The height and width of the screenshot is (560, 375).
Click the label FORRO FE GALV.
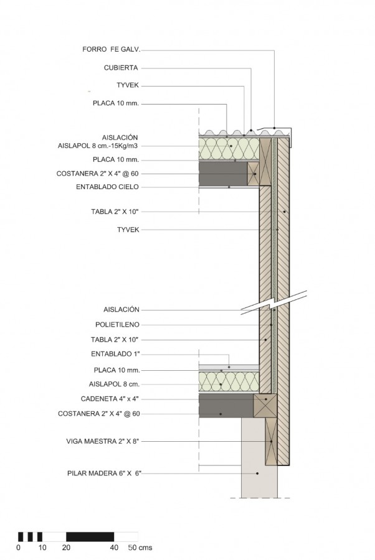[111, 49]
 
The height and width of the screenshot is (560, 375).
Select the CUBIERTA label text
[121, 67]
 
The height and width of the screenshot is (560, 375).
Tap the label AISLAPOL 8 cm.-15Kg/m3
[98, 146]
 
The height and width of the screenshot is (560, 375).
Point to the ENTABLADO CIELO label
[107, 187]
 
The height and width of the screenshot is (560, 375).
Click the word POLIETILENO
[117, 325]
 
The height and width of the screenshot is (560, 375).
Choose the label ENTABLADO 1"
[115, 354]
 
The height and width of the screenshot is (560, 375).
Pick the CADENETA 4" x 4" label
[110, 399]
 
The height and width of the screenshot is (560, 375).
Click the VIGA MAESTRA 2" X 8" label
[102, 441]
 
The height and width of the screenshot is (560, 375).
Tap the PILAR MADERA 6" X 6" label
[105, 474]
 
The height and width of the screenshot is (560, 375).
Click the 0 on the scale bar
[19, 548]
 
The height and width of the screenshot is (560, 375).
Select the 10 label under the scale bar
[42, 548]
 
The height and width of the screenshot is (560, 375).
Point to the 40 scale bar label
[114, 548]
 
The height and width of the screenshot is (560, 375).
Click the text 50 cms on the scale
[140, 548]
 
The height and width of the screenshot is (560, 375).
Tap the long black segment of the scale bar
[90, 537]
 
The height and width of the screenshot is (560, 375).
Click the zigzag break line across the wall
[274, 303]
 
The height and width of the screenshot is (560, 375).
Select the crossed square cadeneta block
[265, 405]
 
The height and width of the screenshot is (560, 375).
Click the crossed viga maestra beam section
[271, 441]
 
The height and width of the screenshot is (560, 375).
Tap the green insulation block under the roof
[229, 149]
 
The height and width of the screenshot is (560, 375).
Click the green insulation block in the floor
[229, 381]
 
